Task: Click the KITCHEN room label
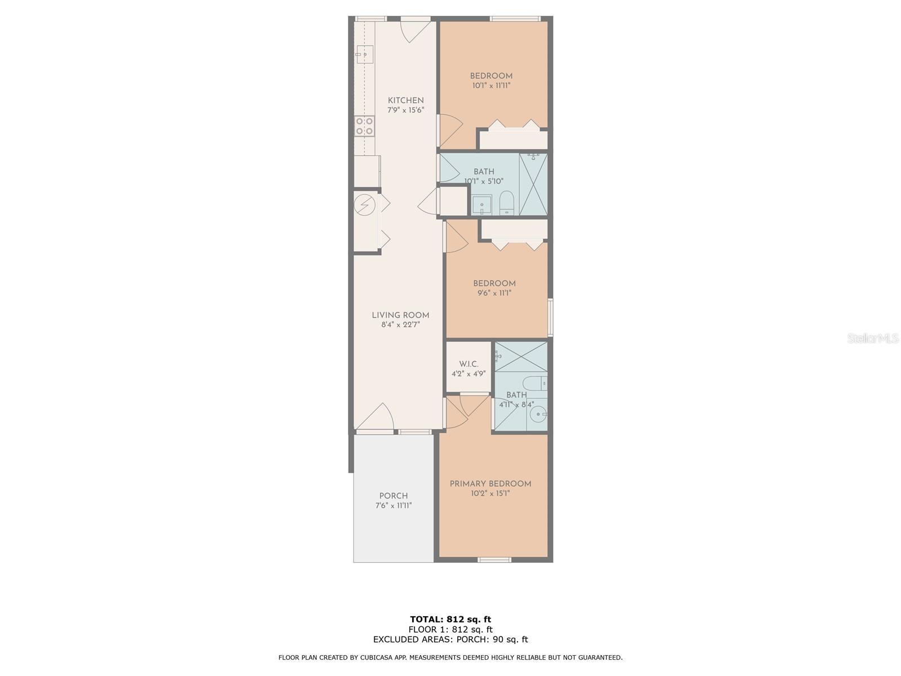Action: (405, 100)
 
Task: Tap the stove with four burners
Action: (364, 126)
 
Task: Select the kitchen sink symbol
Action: (364, 55)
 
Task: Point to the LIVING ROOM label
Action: (400, 315)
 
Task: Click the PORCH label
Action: (393, 496)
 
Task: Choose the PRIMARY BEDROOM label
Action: (490, 484)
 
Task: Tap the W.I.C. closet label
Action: (469, 364)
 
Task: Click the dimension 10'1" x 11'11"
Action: (492, 86)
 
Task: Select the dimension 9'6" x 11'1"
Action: (494, 293)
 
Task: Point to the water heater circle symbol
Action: (364, 204)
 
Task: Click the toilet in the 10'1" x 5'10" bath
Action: (507, 202)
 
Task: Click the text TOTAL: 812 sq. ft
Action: (450, 620)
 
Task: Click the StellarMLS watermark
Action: (873, 339)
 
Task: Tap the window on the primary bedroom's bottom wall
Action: (494, 559)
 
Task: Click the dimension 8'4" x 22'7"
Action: (400, 325)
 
